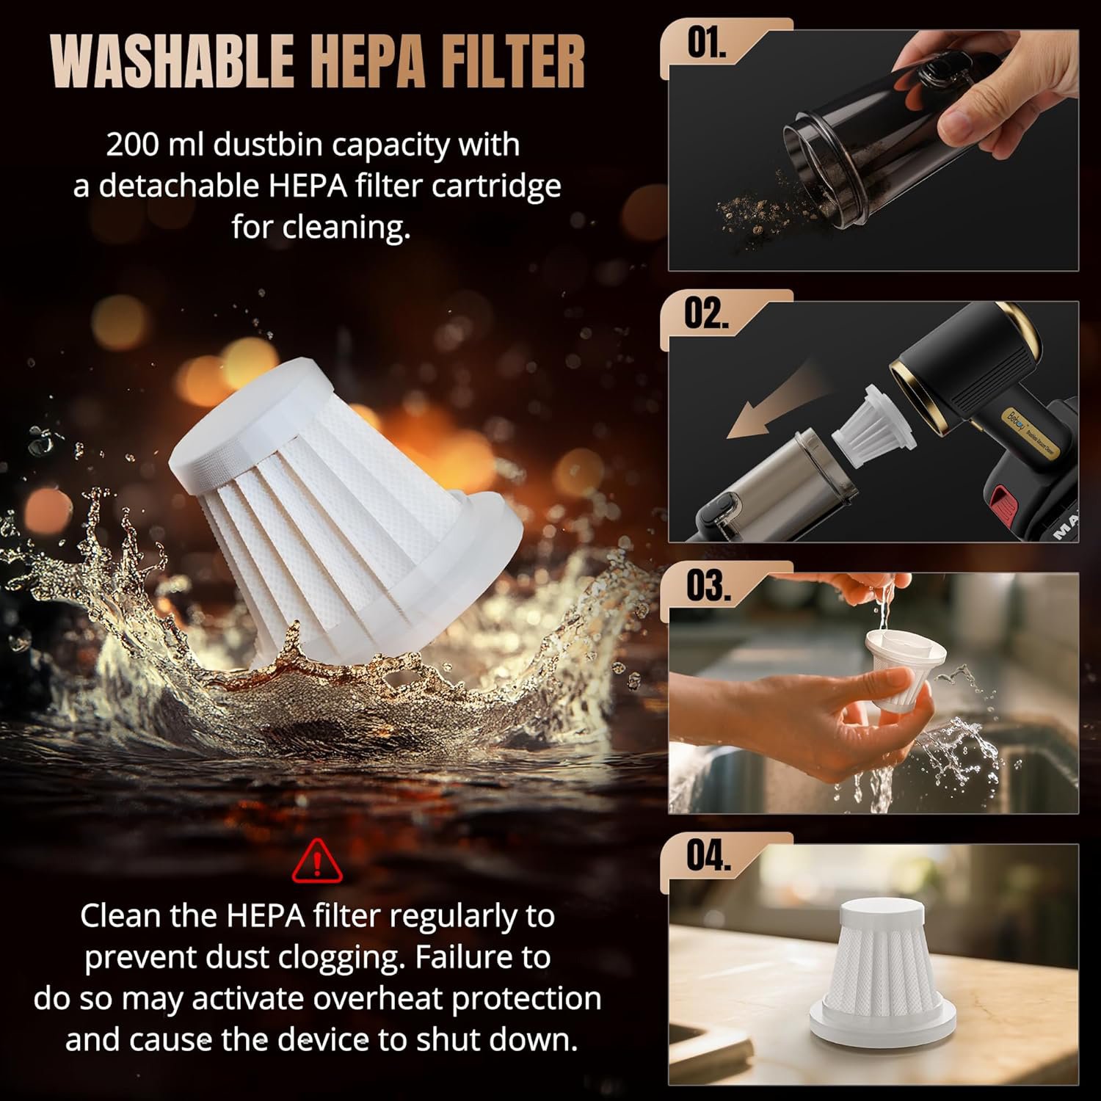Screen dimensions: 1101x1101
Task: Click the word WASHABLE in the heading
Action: [x=172, y=62]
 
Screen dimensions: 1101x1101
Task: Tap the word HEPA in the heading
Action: [x=369, y=62]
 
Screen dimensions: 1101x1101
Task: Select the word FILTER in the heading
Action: [x=514, y=62]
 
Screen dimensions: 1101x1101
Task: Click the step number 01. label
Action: [x=706, y=44]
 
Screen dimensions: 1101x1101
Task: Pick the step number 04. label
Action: [x=708, y=856]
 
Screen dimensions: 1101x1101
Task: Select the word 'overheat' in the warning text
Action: [x=372, y=999]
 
